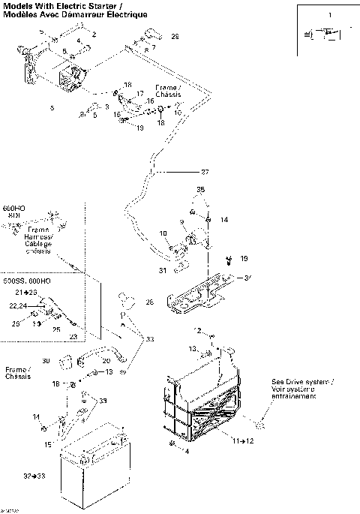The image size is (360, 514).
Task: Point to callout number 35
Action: tap(200, 191)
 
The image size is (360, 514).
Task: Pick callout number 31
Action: tap(162, 270)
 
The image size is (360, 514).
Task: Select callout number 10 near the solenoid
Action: tap(163, 234)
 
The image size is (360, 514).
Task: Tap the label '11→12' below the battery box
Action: tap(244, 440)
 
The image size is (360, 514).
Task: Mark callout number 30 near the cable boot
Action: tap(45, 361)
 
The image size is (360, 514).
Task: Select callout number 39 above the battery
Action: tap(103, 401)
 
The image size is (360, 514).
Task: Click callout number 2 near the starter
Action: tap(94, 35)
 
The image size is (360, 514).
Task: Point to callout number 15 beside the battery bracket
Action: tap(47, 445)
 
